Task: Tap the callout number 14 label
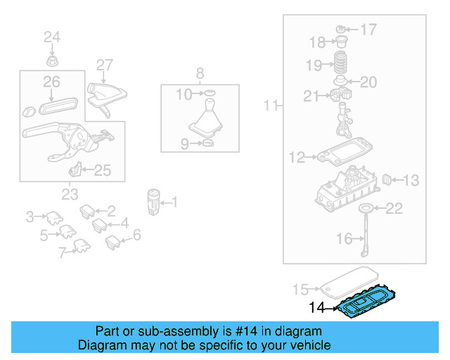point(318,307)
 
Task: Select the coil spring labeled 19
point(341,65)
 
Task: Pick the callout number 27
point(104,65)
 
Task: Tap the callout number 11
point(271,106)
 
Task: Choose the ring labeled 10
point(209,94)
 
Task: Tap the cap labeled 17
point(340,29)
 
